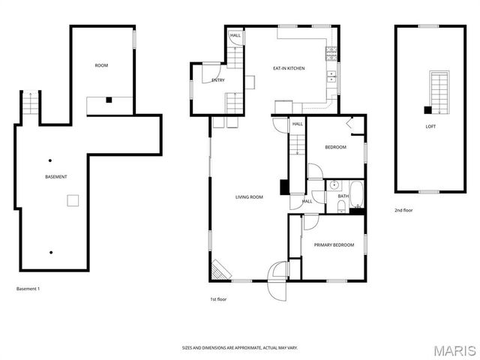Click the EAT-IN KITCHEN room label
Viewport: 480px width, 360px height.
click(289, 68)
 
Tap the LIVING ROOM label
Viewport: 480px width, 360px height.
click(249, 197)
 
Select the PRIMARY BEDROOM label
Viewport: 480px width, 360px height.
click(334, 245)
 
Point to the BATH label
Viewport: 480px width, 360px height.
click(343, 196)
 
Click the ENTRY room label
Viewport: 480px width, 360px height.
click(218, 80)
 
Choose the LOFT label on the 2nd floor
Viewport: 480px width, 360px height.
click(430, 127)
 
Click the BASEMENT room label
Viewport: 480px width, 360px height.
click(56, 177)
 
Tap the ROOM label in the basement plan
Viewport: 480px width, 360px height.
click(101, 66)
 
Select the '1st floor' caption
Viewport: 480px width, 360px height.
click(217, 299)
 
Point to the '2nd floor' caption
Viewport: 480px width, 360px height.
click(403, 211)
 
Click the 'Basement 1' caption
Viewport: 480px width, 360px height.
click(28, 289)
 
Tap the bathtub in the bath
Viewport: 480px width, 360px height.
click(356, 194)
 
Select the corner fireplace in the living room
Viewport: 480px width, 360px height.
click(220, 270)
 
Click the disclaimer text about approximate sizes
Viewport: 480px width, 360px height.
click(239, 348)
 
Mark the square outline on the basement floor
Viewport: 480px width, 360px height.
click(73, 200)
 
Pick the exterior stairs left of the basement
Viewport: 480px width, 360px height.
click(28, 106)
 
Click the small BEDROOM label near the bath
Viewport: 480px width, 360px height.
click(335, 147)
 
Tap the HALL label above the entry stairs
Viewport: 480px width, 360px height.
click(235, 35)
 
